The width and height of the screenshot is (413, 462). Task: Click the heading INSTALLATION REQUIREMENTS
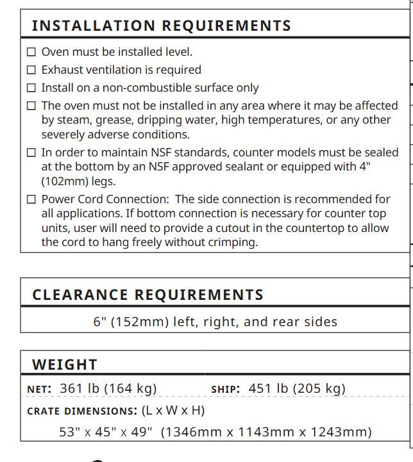[162, 26]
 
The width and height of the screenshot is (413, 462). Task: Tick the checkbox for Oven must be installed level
[31, 52]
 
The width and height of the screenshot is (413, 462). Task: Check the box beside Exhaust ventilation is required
[31, 70]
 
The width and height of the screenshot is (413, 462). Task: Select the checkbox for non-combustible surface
[31, 88]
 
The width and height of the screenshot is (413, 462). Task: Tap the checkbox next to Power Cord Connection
[31, 199]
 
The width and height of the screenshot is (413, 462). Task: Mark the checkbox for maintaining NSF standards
[31, 153]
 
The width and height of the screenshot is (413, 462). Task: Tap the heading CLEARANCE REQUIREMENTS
[148, 295]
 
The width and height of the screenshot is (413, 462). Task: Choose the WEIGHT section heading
[65, 365]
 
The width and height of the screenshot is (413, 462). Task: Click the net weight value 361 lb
[80, 388]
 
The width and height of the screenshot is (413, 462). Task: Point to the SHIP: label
[226, 389]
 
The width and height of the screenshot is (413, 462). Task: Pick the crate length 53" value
[69, 433]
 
